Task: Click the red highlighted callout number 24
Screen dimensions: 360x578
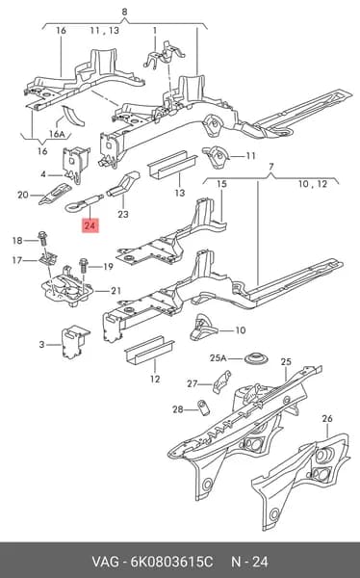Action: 90,224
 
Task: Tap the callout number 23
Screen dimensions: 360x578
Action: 123,214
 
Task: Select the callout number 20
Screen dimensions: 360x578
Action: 23,195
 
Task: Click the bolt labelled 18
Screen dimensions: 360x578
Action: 42,239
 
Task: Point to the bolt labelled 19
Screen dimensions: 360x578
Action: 83,266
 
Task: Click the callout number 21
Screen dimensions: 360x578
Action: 116,291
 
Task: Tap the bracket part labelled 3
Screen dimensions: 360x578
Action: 74,342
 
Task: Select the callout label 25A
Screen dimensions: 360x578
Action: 218,358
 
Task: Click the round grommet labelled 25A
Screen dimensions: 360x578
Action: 256,358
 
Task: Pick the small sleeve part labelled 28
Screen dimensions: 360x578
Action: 203,407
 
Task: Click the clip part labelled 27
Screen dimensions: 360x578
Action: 221,381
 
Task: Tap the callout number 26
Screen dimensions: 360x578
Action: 327,418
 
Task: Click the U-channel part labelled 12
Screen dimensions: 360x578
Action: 149,350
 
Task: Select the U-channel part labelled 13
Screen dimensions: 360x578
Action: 172,165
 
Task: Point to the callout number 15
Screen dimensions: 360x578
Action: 221,184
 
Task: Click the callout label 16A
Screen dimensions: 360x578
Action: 57,134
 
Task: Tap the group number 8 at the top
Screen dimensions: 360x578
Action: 124,12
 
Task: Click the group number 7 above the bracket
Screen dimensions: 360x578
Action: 271,167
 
